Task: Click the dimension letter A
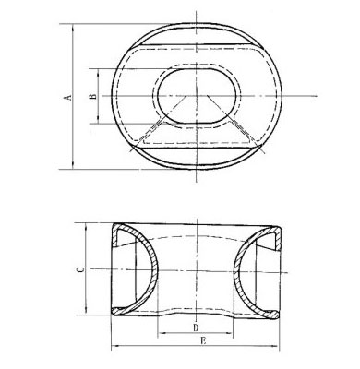pos(69,97)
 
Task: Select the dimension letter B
pos(93,96)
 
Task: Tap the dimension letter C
pos(80,269)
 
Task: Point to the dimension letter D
pos(196,327)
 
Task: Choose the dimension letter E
pos(203,340)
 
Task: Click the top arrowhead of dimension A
pos(73,27)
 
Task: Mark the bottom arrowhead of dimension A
pos(73,165)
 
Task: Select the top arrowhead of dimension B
pos(98,72)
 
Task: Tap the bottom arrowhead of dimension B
pos(98,120)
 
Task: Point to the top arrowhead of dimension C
pos(87,227)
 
